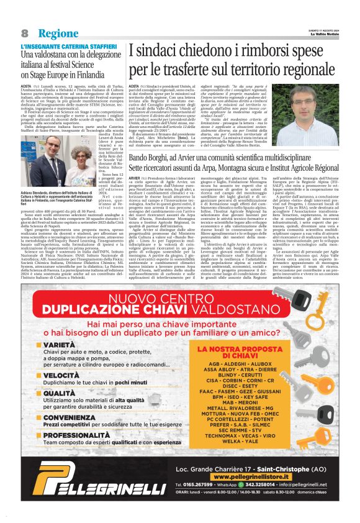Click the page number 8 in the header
pyautogui.click(x=25, y=32)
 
